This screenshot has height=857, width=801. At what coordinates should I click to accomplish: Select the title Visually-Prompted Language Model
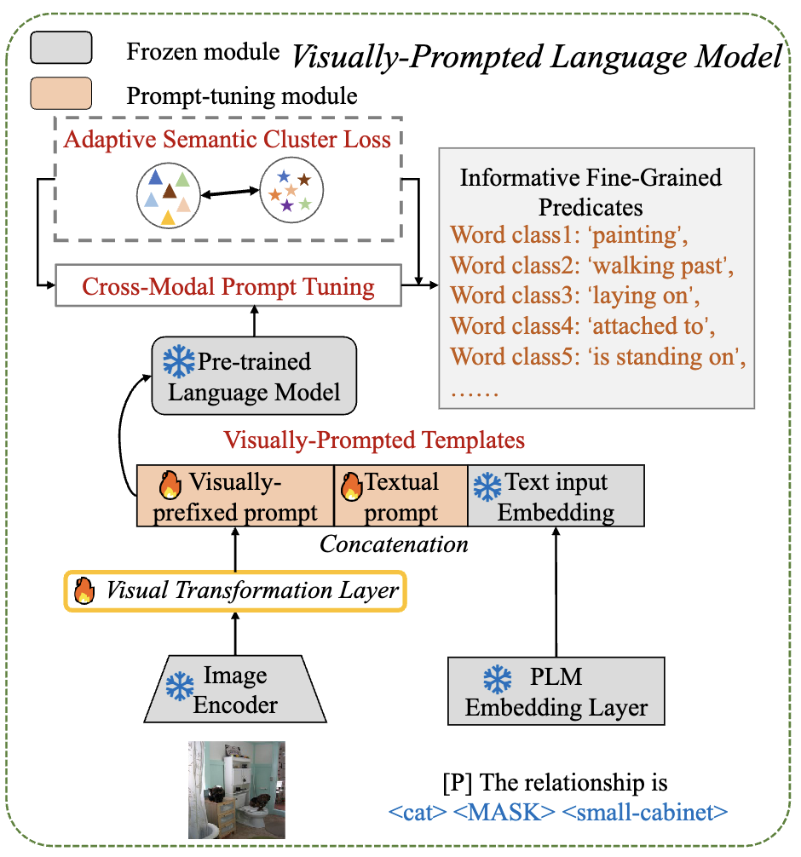point(537,57)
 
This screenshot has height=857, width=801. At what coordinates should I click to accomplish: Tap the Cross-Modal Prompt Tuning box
point(228,286)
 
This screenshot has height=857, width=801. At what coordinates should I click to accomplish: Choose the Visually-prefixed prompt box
point(235,497)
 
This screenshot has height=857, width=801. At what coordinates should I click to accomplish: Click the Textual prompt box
point(400,497)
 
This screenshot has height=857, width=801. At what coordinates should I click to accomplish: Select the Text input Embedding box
point(556,497)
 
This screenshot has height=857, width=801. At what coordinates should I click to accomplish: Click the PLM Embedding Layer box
point(556,692)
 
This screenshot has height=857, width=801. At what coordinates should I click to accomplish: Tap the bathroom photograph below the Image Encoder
point(236,790)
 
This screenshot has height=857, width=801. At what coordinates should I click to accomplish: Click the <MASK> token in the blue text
point(498,812)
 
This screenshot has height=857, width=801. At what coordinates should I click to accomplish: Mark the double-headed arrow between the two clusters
point(229,193)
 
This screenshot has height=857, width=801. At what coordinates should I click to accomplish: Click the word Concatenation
point(394,544)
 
